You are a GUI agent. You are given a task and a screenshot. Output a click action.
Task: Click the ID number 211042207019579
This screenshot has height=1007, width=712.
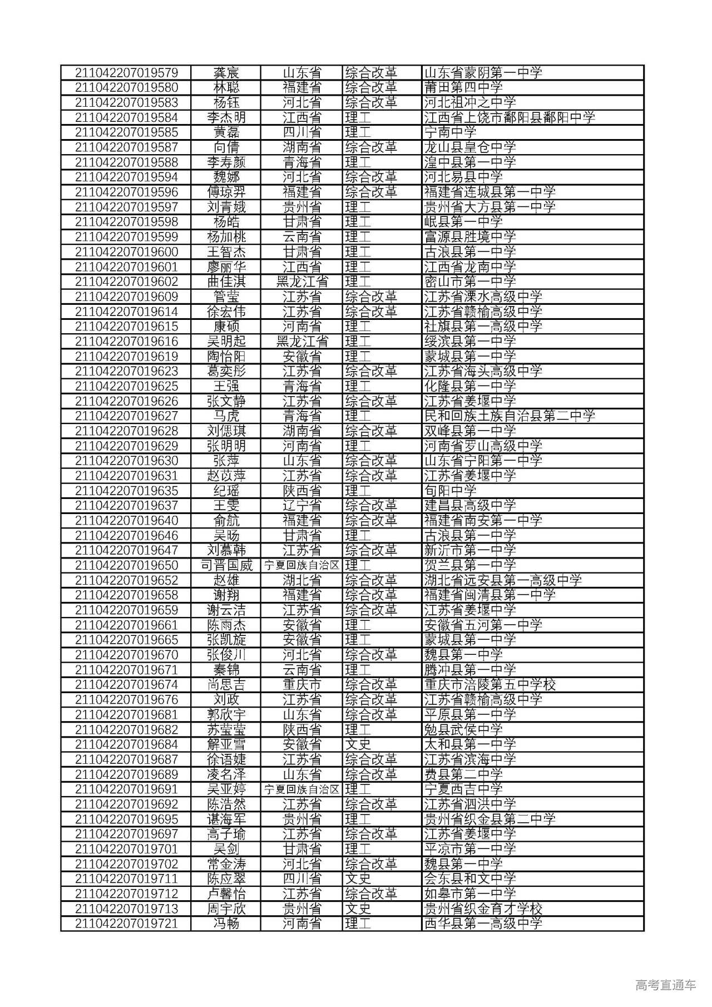(x=126, y=73)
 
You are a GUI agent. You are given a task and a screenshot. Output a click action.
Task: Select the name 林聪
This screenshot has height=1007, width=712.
(x=226, y=88)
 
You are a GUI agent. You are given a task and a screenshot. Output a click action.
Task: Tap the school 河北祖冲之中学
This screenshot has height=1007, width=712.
(x=470, y=103)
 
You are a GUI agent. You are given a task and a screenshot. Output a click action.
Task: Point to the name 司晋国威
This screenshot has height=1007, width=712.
(x=226, y=566)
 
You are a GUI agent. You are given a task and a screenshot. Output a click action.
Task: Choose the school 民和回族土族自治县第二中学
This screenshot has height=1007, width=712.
(x=510, y=416)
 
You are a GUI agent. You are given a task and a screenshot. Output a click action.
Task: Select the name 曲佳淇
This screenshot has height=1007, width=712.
(x=226, y=282)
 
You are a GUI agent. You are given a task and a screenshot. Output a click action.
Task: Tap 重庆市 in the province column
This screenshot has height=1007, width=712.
(x=302, y=685)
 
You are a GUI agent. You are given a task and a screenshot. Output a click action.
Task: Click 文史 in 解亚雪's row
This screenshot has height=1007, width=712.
(x=358, y=745)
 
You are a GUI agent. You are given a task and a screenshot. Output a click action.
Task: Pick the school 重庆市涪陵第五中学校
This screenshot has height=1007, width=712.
(x=490, y=685)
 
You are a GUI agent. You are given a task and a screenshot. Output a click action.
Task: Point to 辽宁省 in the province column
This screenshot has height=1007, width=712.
(x=302, y=506)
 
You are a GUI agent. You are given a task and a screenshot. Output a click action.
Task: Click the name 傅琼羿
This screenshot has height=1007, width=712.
(x=226, y=192)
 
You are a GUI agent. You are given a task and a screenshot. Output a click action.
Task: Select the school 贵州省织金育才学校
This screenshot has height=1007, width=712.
(x=483, y=909)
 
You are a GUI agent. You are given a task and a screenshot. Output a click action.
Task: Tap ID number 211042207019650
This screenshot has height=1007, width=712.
(x=126, y=566)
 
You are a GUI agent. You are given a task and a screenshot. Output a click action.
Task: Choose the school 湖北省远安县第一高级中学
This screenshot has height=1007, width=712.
(x=503, y=581)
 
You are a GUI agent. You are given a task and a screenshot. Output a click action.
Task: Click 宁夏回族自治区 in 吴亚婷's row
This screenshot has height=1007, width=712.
(x=302, y=789)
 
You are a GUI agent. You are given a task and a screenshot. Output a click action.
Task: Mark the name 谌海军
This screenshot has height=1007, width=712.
(x=226, y=820)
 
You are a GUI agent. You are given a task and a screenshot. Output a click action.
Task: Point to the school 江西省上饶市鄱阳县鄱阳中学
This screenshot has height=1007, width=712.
(x=510, y=118)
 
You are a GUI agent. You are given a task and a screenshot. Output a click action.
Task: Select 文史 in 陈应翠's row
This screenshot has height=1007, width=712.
(x=358, y=879)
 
